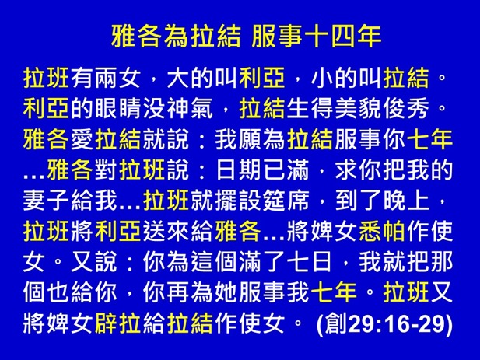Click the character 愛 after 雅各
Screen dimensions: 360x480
pyautogui.click(x=82, y=140)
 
